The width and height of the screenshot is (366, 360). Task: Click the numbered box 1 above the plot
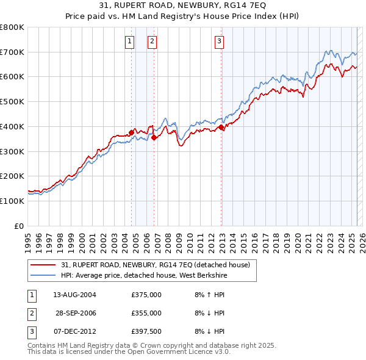130,41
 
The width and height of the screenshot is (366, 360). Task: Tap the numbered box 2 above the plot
152,41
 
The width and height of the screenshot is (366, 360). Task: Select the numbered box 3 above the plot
219,41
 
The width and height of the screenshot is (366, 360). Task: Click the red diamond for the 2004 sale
131,132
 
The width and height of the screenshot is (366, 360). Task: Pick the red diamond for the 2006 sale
154,137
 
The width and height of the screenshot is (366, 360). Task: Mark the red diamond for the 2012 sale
221,127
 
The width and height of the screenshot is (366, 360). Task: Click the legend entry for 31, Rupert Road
156,265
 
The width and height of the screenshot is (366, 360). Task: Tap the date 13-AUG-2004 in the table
75,295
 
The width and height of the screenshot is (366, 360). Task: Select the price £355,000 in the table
146,313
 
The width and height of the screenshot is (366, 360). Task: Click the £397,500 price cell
146,331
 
